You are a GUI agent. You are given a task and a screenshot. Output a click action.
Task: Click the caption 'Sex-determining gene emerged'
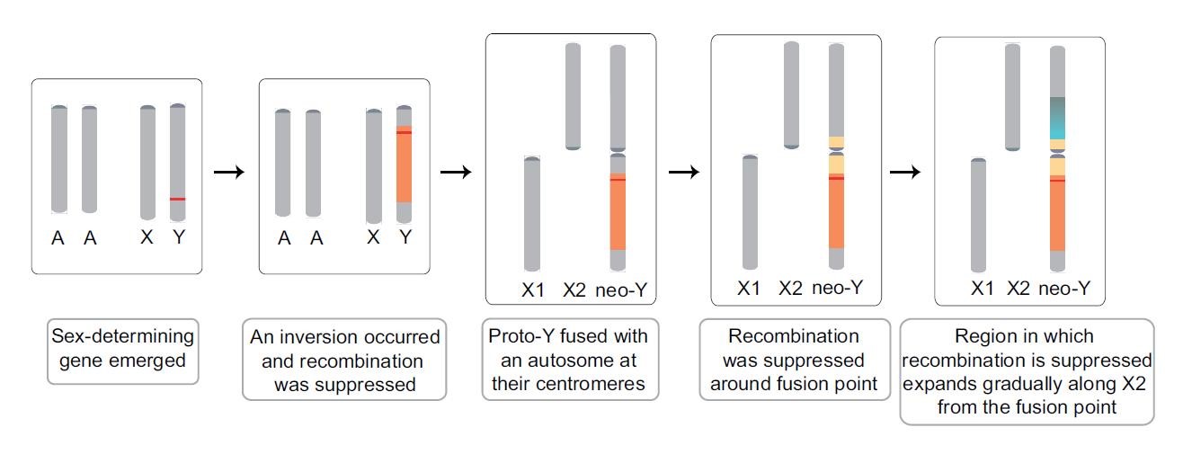(x=123, y=349)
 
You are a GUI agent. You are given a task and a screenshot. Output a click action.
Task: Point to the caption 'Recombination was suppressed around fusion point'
(x=793, y=361)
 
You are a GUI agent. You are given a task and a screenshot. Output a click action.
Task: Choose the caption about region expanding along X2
(x=1027, y=371)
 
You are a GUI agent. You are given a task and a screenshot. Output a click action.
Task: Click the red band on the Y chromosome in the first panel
(x=178, y=199)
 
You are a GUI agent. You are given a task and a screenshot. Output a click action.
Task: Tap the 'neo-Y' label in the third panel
(x=621, y=289)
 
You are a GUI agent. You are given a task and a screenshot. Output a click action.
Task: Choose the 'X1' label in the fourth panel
(x=749, y=289)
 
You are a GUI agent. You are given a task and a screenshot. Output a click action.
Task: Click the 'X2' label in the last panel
(x=1018, y=289)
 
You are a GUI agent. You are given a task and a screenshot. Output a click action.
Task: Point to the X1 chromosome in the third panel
(x=532, y=214)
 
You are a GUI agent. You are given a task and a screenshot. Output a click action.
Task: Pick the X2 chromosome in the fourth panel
(x=791, y=94)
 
